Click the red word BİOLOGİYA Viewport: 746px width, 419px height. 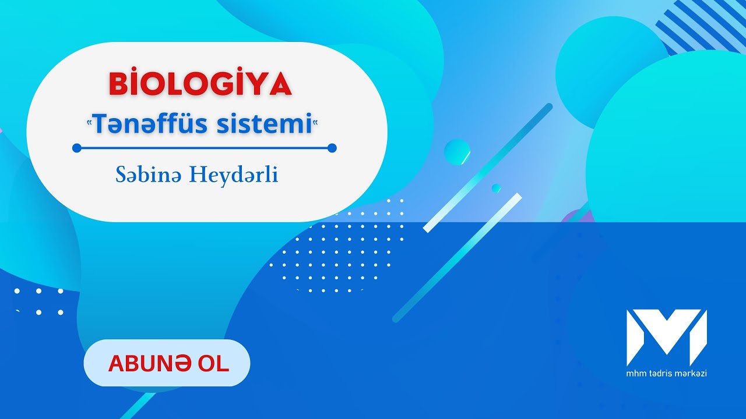click(200, 85)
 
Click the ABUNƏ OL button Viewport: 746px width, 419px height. click(167, 363)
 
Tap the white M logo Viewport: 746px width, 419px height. click(666, 337)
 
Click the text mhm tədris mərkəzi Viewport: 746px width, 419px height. click(666, 373)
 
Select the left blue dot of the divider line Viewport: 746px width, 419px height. click(76, 148)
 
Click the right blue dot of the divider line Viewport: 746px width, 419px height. click(332, 148)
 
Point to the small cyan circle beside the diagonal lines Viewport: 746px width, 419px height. click(457, 152)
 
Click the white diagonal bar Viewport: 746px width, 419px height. click(473, 212)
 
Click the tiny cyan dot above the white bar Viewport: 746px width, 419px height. click(496, 188)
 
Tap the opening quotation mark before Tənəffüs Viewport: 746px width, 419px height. click(89, 121)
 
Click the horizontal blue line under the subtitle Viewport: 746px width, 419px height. click(204, 148)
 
